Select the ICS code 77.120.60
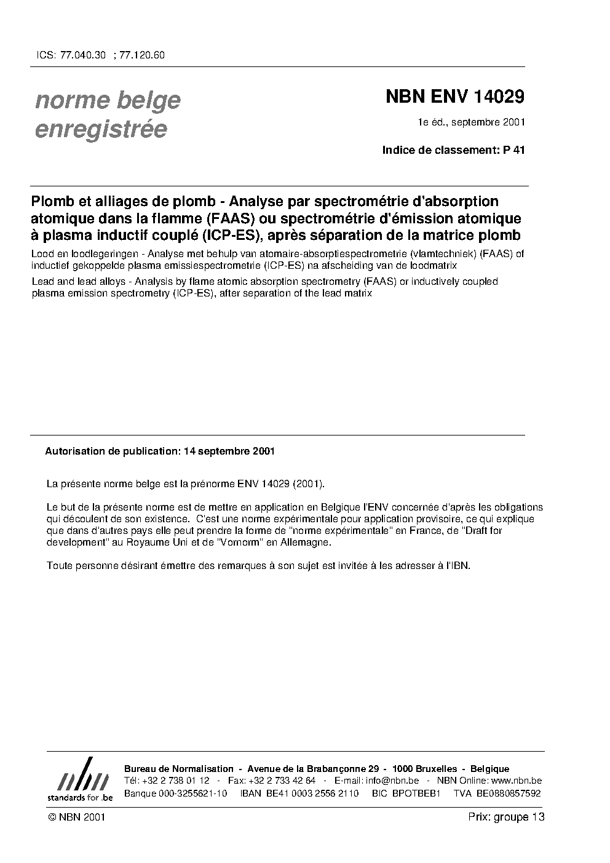pos(142,55)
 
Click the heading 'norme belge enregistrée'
pos(108,114)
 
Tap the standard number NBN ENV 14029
pos(454,97)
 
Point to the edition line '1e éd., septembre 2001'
pos(471,122)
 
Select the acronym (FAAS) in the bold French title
pos(228,218)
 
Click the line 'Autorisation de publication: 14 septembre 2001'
pos(160,451)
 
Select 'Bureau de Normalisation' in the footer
pos(179,769)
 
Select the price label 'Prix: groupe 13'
pos(506,817)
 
